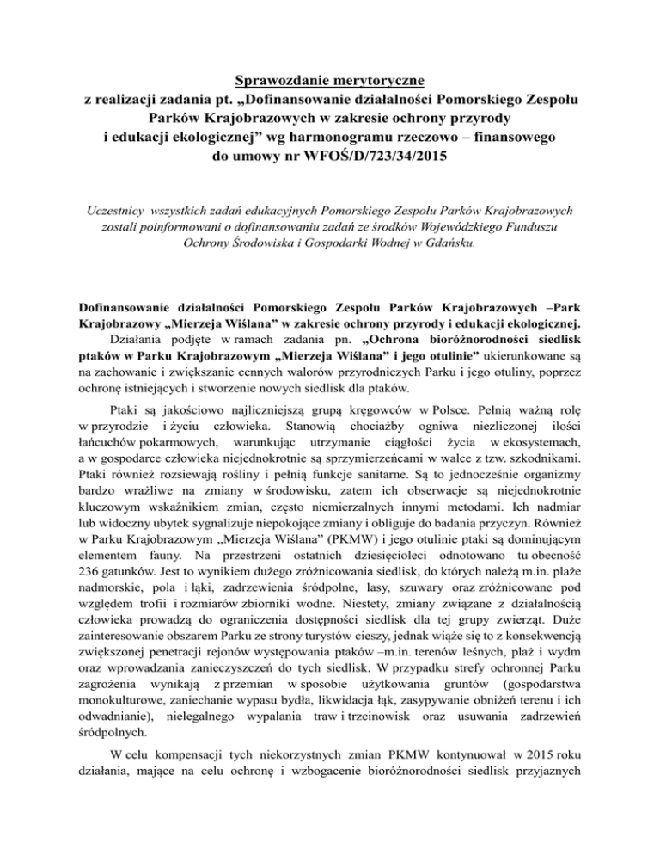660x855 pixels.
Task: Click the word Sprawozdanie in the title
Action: [270, 81]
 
